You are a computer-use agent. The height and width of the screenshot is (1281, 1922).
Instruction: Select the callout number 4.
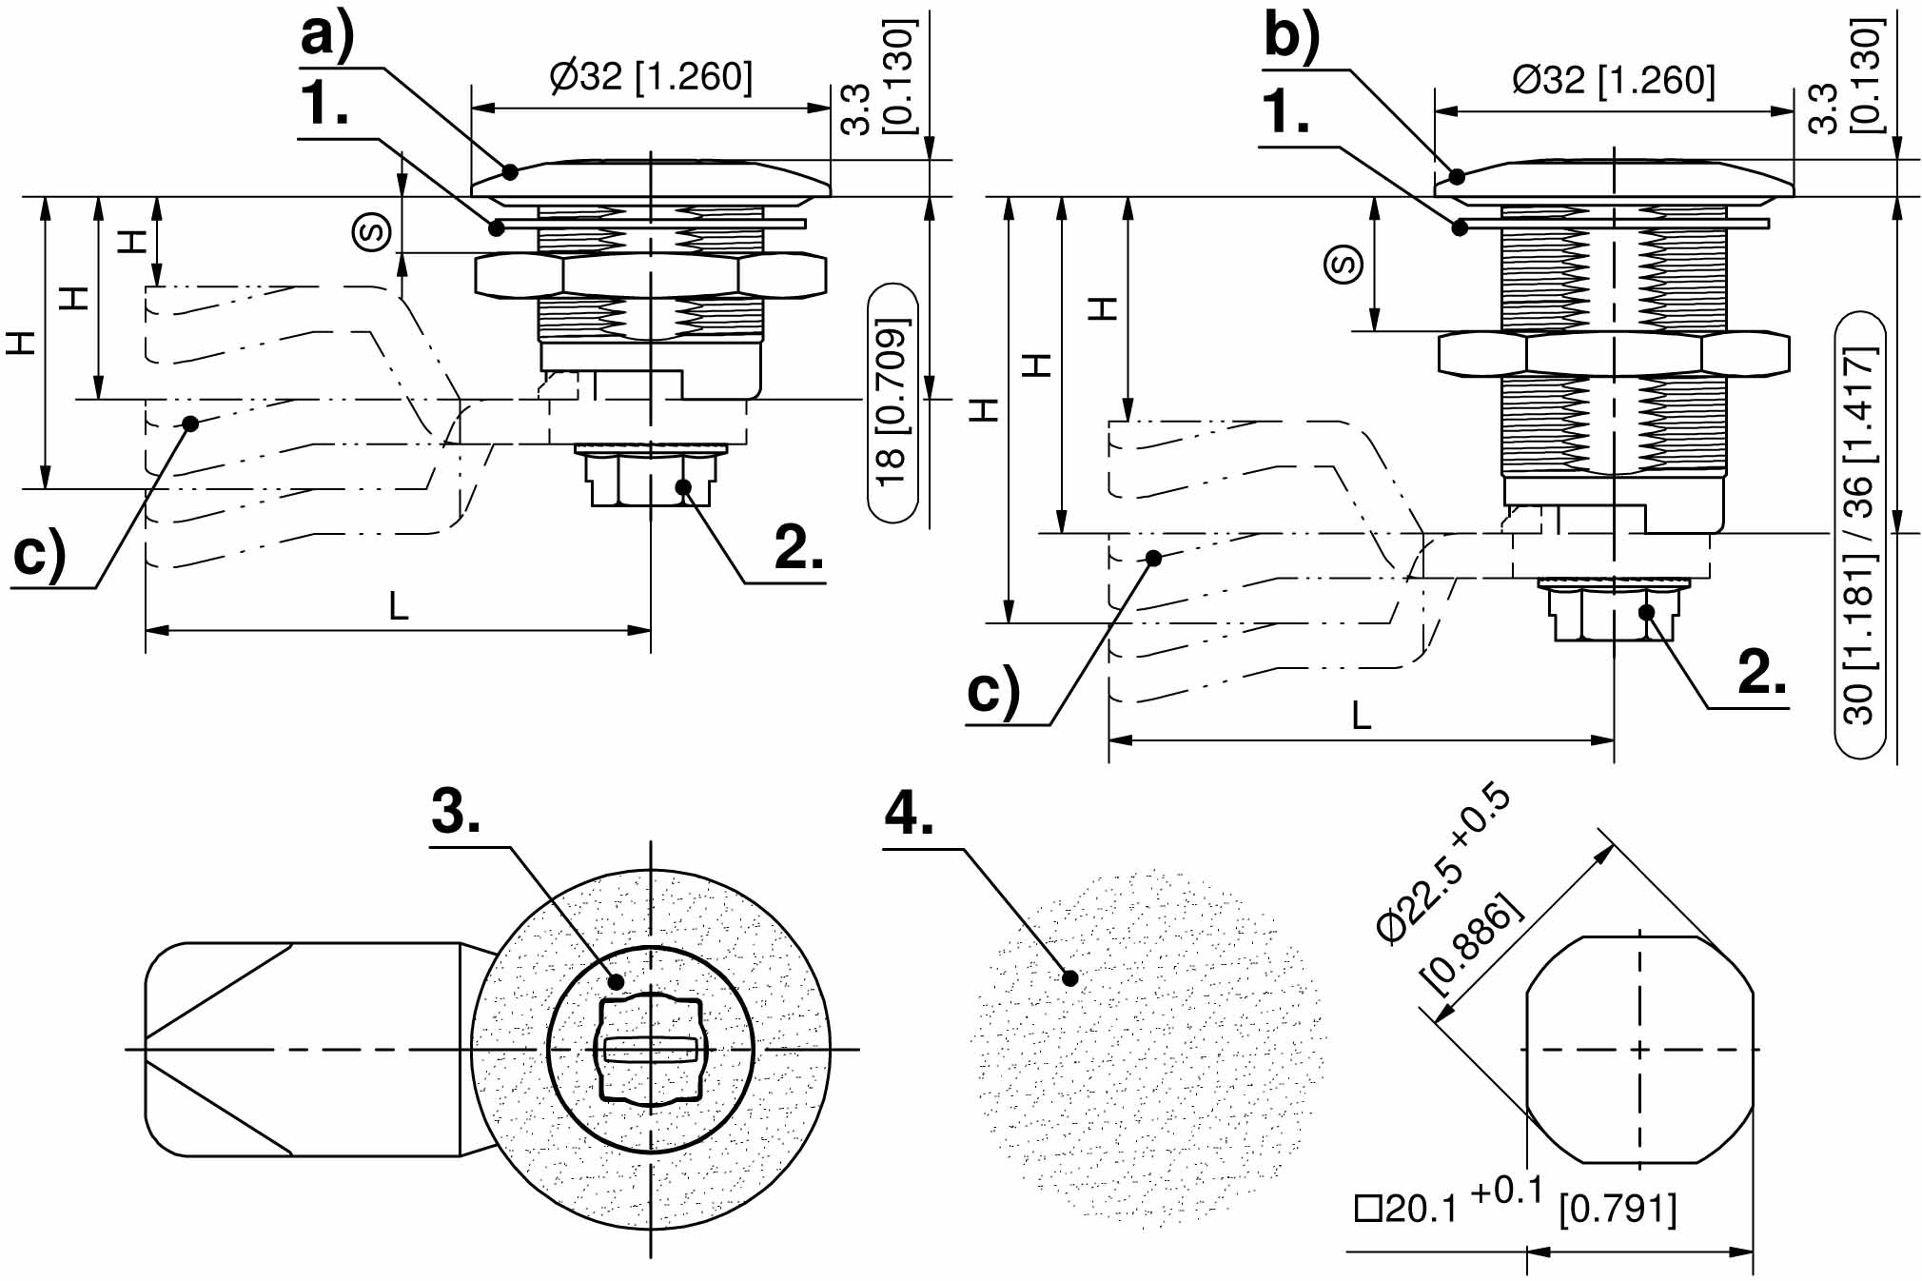[909, 814]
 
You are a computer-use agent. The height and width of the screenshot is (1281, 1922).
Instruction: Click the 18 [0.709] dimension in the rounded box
[892, 404]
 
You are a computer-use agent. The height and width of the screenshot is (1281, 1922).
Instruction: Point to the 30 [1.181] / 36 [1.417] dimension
[1859, 535]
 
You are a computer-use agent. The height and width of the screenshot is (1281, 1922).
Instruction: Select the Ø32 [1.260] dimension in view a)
[651, 76]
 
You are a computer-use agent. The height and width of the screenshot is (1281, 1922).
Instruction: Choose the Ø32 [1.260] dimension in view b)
[1614, 80]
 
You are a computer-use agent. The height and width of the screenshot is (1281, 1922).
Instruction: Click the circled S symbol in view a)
[372, 231]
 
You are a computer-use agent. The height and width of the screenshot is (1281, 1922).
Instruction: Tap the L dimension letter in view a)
[399, 606]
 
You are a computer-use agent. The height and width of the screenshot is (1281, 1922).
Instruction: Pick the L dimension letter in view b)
[1362, 716]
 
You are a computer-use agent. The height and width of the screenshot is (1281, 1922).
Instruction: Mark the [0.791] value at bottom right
[1618, 1209]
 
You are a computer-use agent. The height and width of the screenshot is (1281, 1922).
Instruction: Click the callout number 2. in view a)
[798, 548]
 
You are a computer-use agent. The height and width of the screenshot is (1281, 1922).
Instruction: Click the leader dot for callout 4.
[1070, 977]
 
